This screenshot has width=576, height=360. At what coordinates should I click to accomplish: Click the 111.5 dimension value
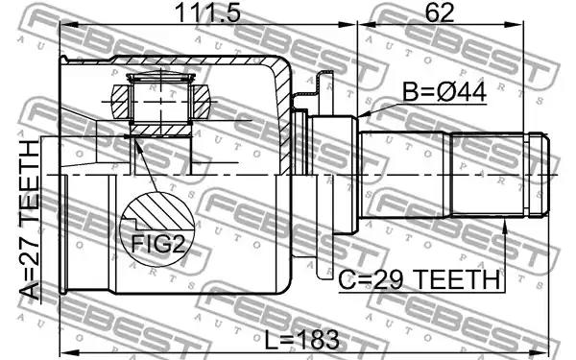pos(208,12)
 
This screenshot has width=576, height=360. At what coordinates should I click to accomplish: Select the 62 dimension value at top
pos(440,12)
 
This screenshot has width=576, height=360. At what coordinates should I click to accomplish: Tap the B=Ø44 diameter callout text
pos(444,92)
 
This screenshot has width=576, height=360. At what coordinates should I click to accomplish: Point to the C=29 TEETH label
pos(420,280)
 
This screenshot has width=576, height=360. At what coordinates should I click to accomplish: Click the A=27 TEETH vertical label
pos(30,220)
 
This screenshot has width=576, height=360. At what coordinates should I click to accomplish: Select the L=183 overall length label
pos(302,340)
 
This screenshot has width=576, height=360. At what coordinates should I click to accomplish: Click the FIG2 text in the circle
pos(158,244)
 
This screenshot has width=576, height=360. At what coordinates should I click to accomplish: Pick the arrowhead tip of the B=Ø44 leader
pos(358,117)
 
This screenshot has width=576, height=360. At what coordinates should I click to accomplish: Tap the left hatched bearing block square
pos(121,102)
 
